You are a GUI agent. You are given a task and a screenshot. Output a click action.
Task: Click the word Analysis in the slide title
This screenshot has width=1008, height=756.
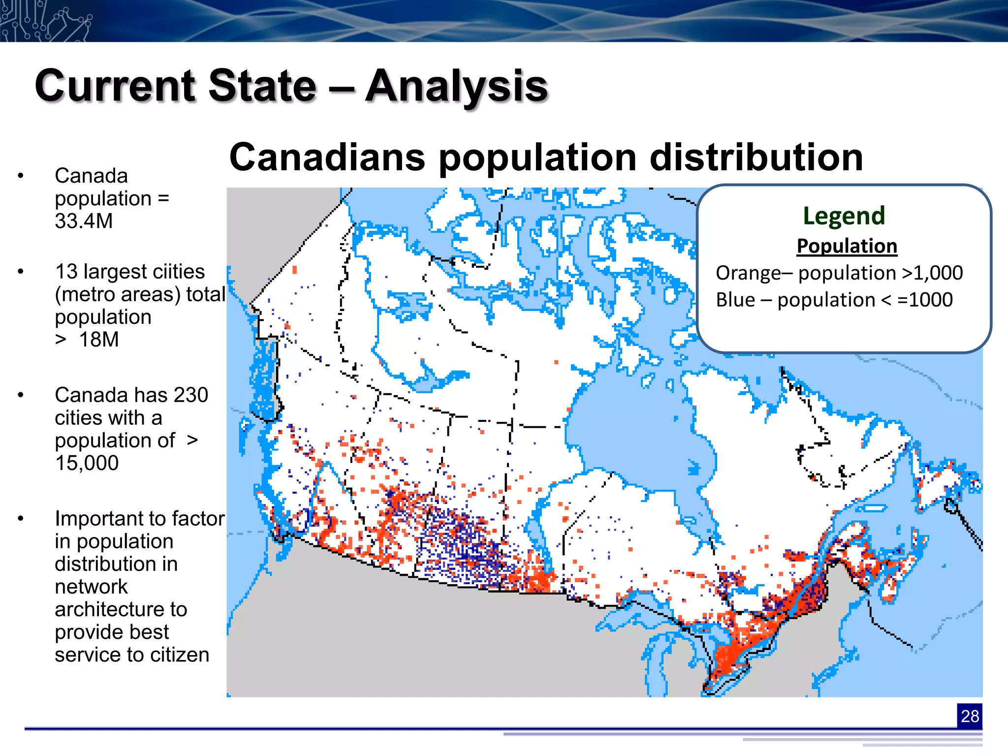[456, 87]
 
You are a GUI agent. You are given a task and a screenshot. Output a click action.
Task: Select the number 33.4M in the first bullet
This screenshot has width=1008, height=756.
[84, 221]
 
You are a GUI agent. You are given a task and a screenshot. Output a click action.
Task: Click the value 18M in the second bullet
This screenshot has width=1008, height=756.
[98, 340]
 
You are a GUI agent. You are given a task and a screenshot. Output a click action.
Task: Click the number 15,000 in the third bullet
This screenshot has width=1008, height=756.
[87, 463]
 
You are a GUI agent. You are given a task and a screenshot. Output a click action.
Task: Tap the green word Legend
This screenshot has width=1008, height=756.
[844, 216]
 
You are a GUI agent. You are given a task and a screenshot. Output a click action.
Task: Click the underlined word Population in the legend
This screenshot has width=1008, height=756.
[847, 246]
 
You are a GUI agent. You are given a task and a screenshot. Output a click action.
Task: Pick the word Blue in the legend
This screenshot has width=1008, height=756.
[735, 300]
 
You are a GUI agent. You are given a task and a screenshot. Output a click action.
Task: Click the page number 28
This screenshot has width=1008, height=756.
[969, 716]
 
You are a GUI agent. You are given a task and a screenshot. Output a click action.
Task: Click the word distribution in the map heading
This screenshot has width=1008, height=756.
[756, 157]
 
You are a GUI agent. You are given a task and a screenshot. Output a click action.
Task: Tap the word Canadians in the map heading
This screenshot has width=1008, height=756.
[327, 157]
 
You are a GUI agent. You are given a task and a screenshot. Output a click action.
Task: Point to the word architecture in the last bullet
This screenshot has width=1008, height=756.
[121, 609]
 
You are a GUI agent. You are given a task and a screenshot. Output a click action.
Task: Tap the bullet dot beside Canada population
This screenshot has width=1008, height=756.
[21, 176]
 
